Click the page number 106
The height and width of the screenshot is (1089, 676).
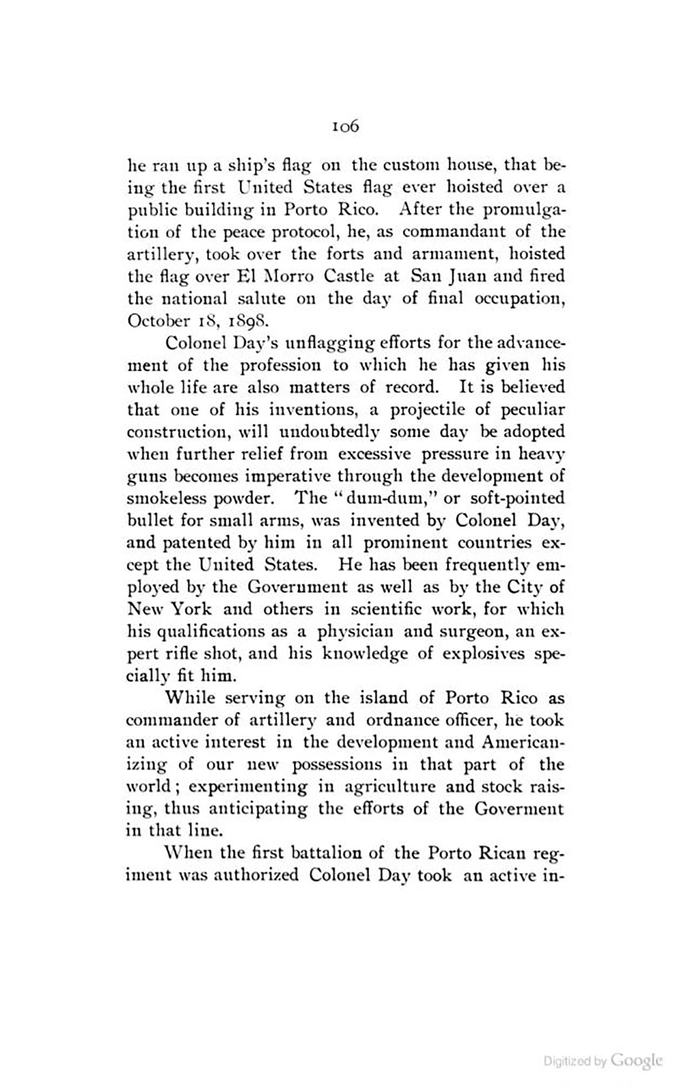[346, 127]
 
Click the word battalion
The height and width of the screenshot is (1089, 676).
[327, 853]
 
